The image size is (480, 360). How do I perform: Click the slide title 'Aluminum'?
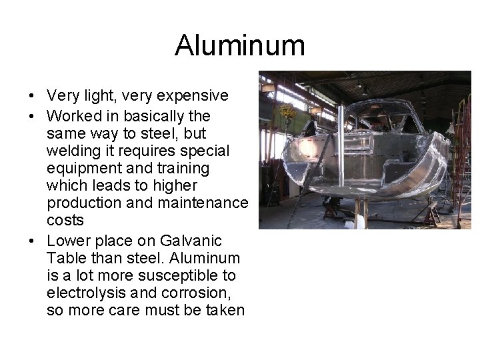click(240, 46)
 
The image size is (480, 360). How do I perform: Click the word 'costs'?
click(65, 220)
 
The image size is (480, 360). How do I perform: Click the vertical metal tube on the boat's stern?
click(341, 147)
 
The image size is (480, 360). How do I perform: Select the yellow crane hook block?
click(287, 111)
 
